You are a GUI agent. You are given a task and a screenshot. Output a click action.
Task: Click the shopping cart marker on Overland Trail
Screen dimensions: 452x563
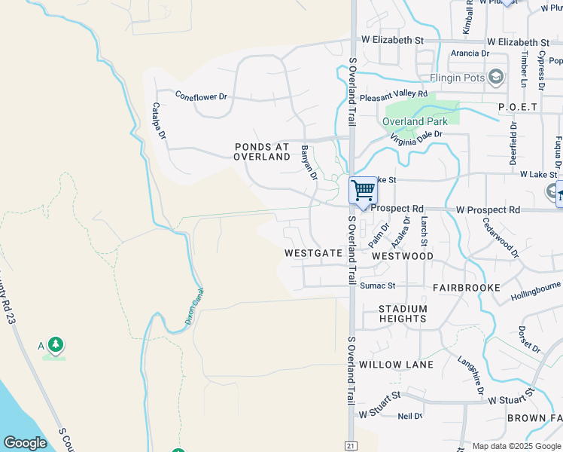tap(363, 190)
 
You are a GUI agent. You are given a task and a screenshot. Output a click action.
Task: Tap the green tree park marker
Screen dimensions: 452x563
tap(55, 346)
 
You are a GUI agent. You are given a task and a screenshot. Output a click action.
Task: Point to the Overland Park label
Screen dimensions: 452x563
tap(415, 121)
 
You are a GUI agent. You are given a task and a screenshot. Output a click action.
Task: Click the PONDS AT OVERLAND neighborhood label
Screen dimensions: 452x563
tap(262, 151)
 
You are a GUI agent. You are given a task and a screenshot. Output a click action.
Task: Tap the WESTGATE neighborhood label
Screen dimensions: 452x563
tap(314, 254)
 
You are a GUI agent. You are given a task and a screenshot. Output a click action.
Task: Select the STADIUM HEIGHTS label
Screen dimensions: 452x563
tap(403, 313)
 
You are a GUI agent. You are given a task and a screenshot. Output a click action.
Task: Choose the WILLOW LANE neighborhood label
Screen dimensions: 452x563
tap(396, 365)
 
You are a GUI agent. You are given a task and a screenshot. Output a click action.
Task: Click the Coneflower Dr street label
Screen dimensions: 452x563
tap(200, 96)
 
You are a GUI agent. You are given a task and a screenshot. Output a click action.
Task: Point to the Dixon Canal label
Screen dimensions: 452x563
tap(194, 307)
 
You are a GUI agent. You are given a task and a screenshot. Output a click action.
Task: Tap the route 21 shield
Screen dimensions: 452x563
tap(350, 446)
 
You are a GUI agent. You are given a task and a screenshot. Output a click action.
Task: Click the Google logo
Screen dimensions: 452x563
tap(25, 443)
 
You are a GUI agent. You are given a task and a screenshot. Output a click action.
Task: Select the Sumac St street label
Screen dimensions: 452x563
tap(377, 286)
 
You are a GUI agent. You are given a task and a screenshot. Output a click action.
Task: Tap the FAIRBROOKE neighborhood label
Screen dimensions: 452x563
tap(467, 288)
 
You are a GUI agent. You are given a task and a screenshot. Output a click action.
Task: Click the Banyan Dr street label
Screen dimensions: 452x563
tap(309, 162)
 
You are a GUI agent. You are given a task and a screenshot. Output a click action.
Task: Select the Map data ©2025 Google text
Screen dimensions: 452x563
tap(515, 446)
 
